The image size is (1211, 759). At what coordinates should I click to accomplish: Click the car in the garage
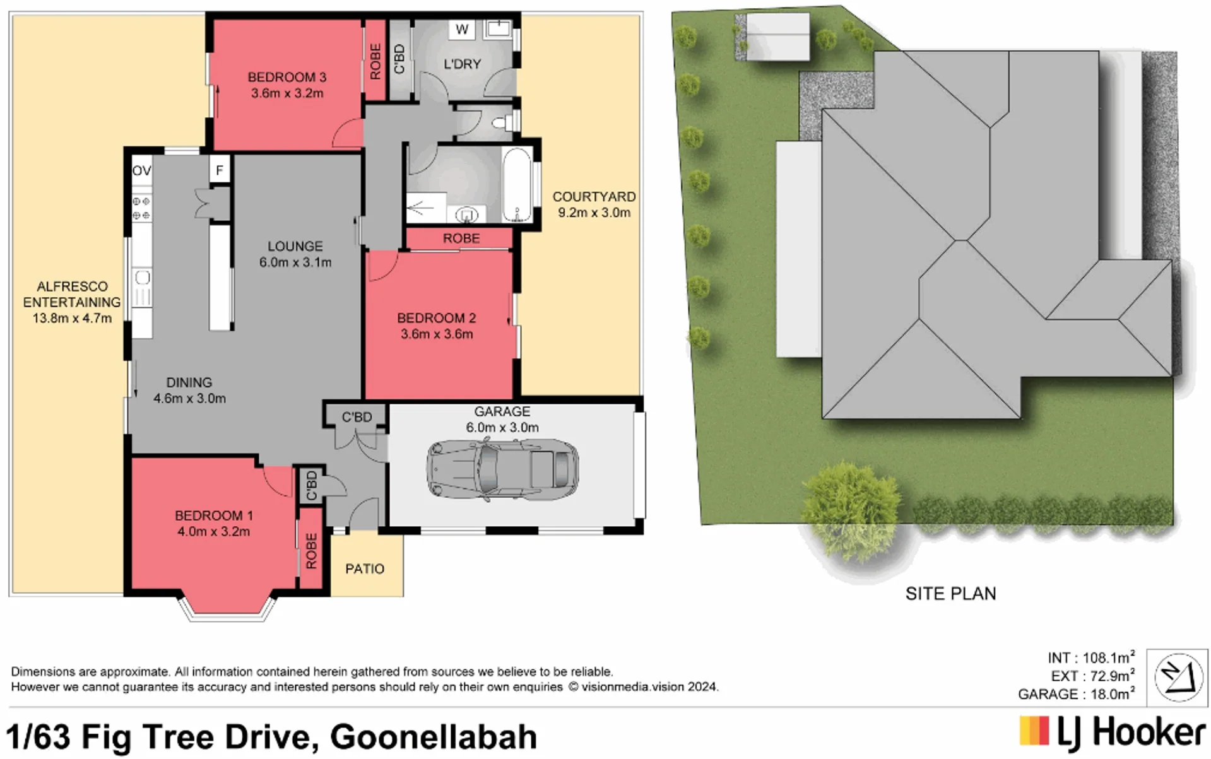502,468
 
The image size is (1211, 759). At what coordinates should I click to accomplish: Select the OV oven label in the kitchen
141,170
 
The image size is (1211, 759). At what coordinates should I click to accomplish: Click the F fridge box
220,170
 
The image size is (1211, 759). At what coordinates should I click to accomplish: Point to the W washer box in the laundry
462,29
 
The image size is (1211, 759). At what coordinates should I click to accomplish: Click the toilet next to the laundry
505,122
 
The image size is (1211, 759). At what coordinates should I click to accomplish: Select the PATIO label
365,569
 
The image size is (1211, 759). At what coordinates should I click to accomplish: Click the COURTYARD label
594,197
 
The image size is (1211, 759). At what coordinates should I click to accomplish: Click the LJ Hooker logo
1112,734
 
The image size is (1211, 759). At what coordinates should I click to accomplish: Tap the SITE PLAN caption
950,594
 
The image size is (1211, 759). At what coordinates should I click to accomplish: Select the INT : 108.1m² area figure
1091,658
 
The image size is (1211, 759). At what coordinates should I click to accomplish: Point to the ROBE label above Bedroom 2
461,238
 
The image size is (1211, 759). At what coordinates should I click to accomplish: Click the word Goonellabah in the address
434,737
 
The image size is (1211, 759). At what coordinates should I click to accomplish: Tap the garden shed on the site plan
777,37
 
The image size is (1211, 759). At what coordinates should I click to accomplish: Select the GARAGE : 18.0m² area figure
1077,694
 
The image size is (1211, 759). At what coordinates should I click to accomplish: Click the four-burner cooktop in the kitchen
141,208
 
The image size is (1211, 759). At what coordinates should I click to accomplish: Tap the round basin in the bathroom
467,215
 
